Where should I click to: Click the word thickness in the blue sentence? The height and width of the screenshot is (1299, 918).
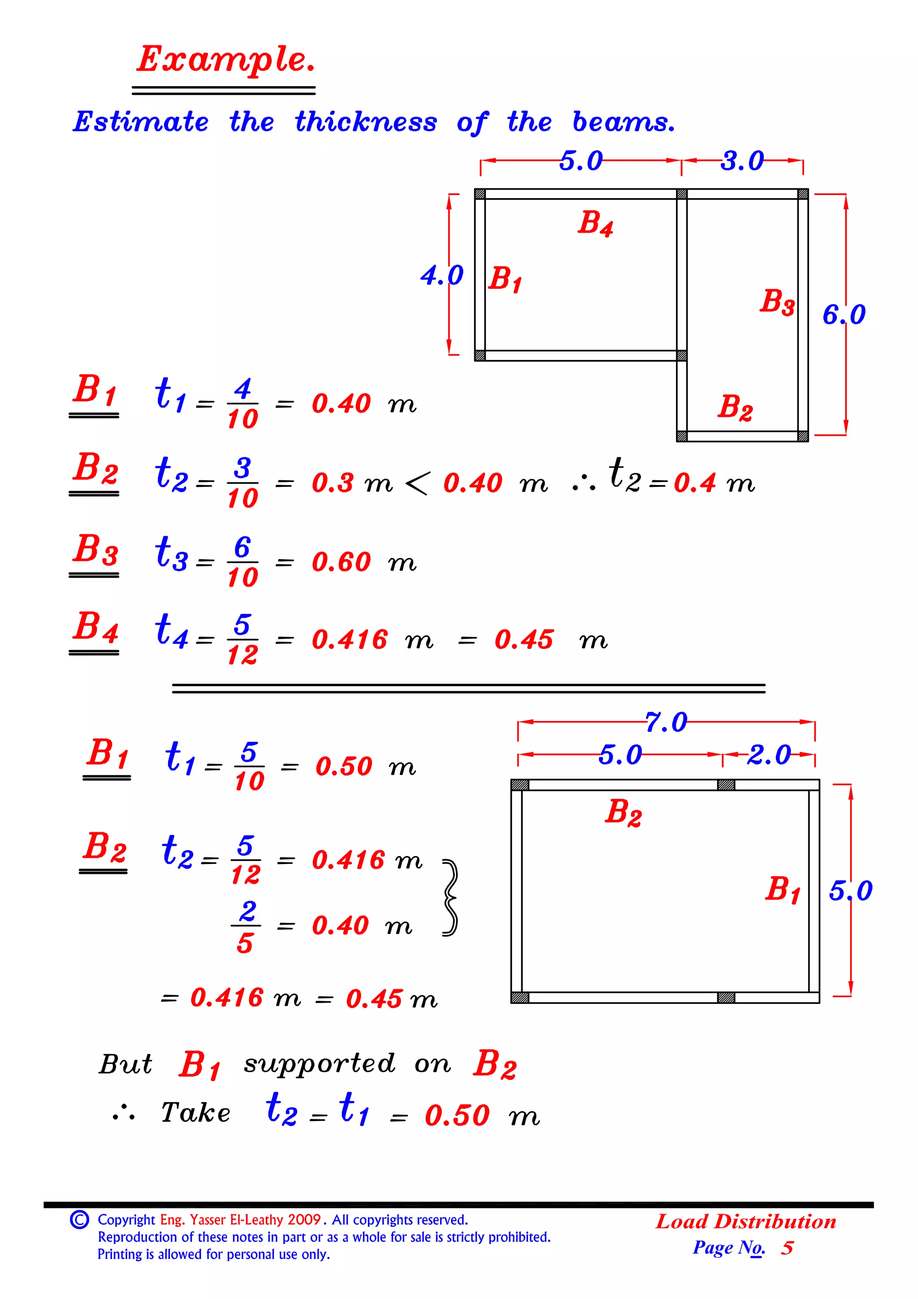365,122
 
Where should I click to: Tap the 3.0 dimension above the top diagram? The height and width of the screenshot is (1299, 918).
741,161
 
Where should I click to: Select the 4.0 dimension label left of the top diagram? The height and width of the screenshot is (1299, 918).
441,275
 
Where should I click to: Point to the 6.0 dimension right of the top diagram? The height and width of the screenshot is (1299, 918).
843,315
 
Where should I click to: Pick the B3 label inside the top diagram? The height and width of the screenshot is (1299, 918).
777,302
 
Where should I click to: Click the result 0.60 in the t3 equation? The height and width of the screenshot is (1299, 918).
341,562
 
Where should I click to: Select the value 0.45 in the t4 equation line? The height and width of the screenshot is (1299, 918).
523,640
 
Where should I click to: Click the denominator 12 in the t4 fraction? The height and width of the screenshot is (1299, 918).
242,655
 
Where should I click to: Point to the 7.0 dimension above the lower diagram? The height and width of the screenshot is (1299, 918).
666,722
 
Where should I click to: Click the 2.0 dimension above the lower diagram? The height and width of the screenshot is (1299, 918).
769,755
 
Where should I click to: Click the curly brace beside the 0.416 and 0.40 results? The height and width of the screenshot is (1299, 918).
450,898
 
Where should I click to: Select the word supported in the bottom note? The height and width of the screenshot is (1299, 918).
319,1064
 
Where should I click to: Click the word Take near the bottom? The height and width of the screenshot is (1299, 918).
196,1113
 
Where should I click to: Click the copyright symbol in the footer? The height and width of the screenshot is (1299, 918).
79,1219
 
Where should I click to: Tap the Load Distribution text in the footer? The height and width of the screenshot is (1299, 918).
745,1221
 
